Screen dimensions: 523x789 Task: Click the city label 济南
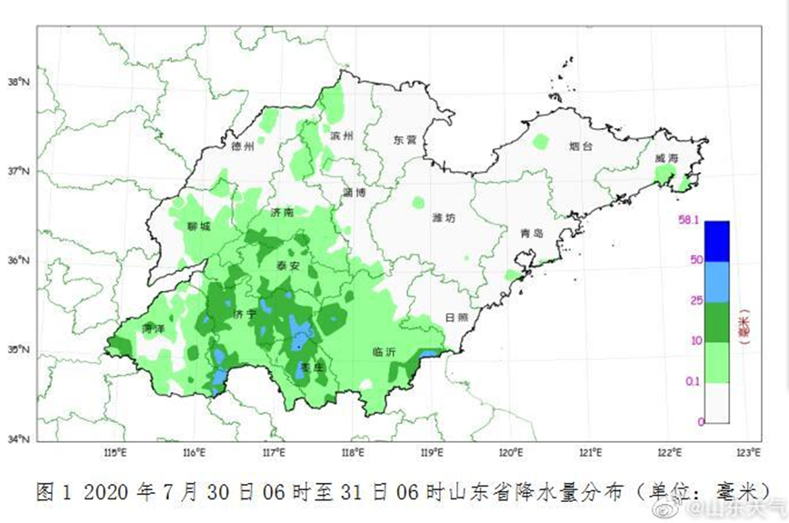(282, 211)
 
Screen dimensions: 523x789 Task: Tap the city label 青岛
(532, 233)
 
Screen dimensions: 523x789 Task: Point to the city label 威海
(666, 157)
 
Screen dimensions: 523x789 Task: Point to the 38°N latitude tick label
(20, 81)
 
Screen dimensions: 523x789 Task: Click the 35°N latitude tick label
(20, 349)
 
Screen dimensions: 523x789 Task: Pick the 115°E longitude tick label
(114, 452)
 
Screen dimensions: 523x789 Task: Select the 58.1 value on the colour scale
(684, 220)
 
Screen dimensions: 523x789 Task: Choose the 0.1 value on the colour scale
(693, 382)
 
